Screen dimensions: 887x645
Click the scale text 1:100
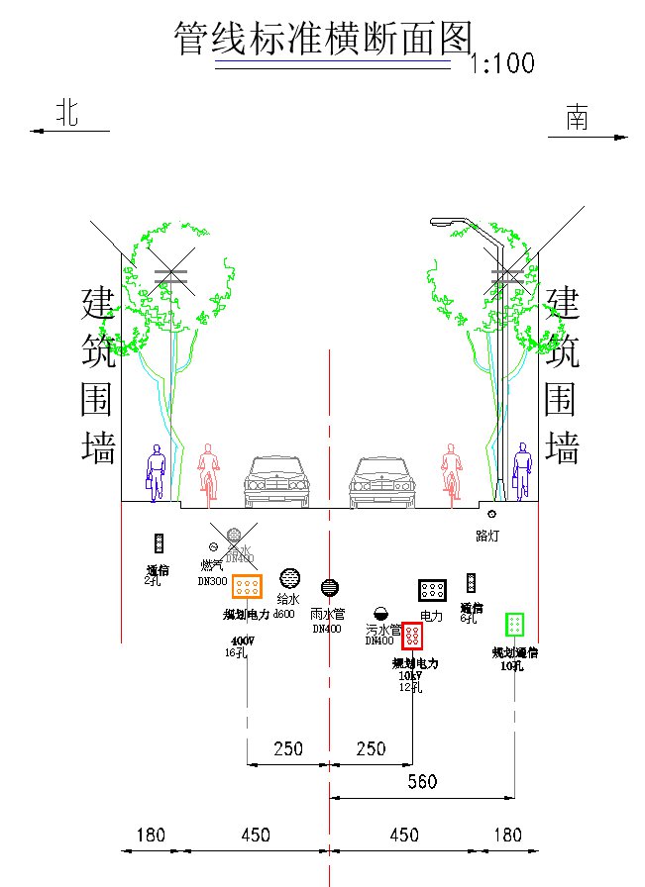(x=502, y=64)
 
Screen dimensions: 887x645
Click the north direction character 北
(x=66, y=113)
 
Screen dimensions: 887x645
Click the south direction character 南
(x=577, y=118)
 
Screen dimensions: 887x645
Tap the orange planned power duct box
(x=247, y=586)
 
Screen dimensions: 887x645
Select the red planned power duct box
(x=412, y=635)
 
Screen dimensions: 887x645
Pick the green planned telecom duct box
(x=514, y=624)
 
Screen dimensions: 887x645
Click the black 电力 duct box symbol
(x=432, y=591)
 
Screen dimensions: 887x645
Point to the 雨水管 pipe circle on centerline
(x=329, y=588)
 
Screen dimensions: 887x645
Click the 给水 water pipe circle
(x=289, y=578)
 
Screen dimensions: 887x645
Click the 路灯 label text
(x=488, y=536)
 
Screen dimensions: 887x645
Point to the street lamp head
(x=442, y=223)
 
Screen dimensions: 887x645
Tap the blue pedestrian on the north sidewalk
(x=156, y=471)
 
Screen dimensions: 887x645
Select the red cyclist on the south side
(x=452, y=470)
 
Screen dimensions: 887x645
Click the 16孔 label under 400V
(x=236, y=652)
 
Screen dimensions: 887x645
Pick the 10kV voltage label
(x=411, y=676)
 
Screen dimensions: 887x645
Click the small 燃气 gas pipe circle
(x=213, y=546)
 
